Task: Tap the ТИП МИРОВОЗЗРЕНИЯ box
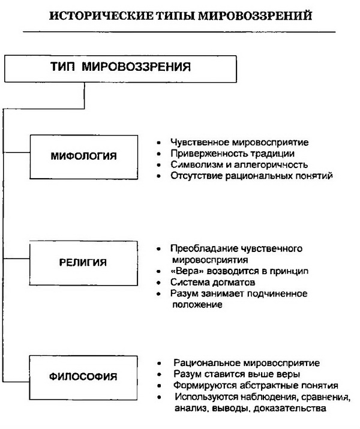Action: [109, 67]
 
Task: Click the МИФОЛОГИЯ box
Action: [83, 157]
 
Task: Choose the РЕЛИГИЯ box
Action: [83, 262]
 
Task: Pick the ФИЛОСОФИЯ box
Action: [83, 377]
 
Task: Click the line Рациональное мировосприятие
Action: [246, 364]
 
